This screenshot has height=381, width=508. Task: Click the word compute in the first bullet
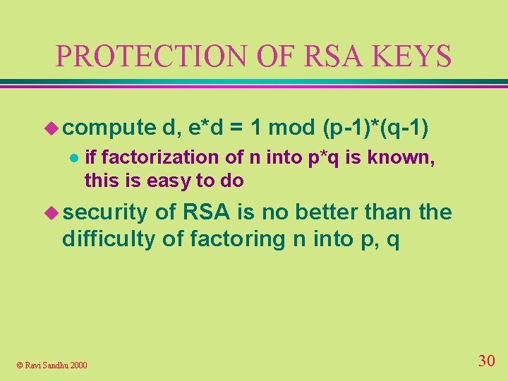(109, 128)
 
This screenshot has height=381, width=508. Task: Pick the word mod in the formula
(292, 128)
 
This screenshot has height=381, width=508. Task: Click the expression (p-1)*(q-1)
(375, 128)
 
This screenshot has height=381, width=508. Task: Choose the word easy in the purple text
(172, 181)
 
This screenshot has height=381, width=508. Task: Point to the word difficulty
(109, 239)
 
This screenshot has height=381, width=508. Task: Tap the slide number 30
(486, 361)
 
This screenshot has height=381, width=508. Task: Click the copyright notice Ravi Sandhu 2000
(52, 365)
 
